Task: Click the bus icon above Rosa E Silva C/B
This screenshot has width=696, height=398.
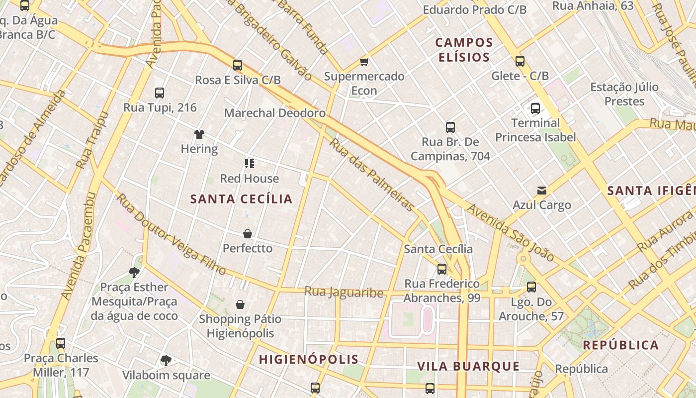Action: (238, 65)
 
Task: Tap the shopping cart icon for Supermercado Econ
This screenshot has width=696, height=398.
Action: (364, 62)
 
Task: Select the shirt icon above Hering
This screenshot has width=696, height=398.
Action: (199, 134)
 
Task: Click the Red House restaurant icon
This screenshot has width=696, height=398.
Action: (250, 164)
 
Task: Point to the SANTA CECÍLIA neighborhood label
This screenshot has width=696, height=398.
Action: (242, 199)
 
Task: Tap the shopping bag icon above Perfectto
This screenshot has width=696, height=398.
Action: (248, 233)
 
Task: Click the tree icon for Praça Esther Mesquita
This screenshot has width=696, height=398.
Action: (134, 272)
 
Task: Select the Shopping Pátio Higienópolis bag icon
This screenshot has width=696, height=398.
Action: (240, 304)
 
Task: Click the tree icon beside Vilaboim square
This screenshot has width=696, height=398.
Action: (166, 360)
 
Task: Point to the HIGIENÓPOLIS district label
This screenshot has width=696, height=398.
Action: (309, 359)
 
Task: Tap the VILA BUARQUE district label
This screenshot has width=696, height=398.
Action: (468, 367)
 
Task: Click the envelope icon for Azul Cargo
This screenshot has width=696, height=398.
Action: (542, 190)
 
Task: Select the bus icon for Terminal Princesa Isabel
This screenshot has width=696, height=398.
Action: (535, 108)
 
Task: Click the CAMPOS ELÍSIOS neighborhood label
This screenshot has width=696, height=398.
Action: (464, 50)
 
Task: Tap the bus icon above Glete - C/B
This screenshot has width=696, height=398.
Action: (520, 61)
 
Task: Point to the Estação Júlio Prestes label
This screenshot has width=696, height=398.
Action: (624, 94)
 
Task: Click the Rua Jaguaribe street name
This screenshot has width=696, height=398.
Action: (344, 292)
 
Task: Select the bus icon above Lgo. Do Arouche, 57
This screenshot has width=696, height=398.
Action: (531, 287)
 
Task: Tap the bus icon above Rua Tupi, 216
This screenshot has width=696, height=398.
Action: (160, 93)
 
